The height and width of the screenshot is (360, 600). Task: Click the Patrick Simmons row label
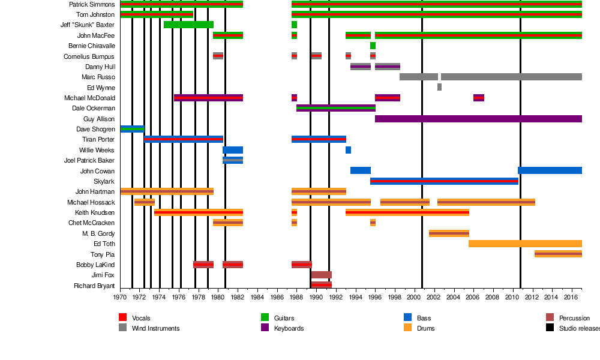coord(92,4)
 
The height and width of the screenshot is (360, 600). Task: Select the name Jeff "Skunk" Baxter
coord(88,25)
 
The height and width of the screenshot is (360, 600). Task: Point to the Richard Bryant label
coord(94,286)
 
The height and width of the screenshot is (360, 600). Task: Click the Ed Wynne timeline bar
coord(439,87)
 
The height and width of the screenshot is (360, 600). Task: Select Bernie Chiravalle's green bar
coord(373,46)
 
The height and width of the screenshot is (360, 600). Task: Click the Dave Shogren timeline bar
coord(132,129)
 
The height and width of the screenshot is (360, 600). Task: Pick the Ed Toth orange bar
coord(525,244)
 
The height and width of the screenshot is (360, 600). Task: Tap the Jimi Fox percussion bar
coord(321,275)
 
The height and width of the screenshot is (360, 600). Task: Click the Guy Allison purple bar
coord(478,119)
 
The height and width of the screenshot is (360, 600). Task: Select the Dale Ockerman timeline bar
coord(335,108)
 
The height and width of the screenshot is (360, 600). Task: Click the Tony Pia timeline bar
coord(558,254)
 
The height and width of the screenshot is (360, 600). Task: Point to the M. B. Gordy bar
coord(449,233)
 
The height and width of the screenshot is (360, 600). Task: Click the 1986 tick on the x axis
coord(277,296)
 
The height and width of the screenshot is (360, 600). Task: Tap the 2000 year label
coord(414,296)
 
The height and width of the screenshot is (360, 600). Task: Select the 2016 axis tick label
coord(571,296)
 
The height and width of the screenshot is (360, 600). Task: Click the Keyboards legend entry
coord(289,328)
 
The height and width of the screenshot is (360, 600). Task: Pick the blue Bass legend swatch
coord(407,317)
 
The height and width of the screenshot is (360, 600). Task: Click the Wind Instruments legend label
coord(155,328)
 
